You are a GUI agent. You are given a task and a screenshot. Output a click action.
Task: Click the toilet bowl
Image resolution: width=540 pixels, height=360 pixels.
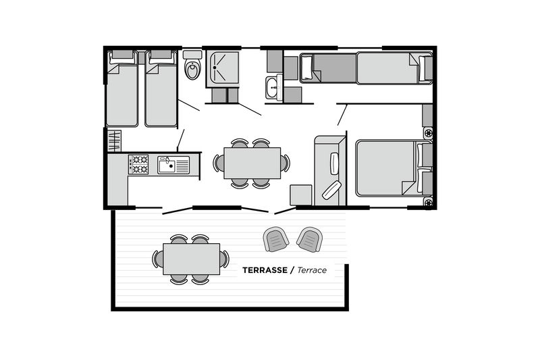pyautogui.click(x=192, y=70)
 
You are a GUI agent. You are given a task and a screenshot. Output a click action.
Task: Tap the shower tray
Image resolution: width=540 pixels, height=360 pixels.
pyautogui.click(x=223, y=68)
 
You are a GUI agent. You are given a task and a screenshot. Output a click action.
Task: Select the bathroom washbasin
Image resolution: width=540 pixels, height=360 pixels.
pyautogui.click(x=273, y=88)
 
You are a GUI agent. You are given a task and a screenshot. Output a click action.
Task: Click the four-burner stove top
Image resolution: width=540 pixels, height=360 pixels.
pyautogui.click(x=138, y=164)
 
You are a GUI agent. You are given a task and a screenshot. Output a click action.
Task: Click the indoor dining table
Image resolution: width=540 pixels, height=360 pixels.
pyautogui.click(x=252, y=163)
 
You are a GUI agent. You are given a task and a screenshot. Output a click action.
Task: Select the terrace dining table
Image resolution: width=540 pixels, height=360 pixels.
pyautogui.click(x=192, y=259)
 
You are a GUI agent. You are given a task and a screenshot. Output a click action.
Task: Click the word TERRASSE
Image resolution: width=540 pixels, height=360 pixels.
pyautogui.click(x=265, y=270)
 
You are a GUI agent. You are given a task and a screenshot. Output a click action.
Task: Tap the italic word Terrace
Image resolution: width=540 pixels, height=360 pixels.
pyautogui.click(x=312, y=270)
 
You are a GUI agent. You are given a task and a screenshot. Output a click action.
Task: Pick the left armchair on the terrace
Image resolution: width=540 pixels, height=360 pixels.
pyautogui.click(x=276, y=239)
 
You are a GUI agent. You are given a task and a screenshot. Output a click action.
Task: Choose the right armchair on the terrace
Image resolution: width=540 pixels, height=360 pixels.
pyautogui.click(x=310, y=239)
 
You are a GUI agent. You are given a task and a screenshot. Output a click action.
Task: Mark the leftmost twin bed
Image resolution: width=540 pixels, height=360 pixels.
pyautogui.click(x=122, y=88)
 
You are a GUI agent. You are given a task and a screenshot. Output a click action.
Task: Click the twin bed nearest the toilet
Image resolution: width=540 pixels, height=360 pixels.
pyautogui.click(x=161, y=88)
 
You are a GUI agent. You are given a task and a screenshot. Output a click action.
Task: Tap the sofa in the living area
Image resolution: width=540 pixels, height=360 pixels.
pyautogui.click(x=330, y=170)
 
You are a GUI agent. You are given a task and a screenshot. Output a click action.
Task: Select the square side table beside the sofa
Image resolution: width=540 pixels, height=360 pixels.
pyautogui.click(x=300, y=195)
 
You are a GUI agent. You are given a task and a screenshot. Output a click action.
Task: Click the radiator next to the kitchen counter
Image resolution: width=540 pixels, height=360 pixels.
pyautogui.click(x=114, y=140)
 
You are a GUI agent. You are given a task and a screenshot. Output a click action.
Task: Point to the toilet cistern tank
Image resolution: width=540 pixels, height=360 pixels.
pyautogui.click(x=192, y=55)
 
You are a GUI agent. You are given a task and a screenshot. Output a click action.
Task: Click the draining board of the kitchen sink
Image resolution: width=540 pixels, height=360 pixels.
pyautogui.click(x=182, y=165)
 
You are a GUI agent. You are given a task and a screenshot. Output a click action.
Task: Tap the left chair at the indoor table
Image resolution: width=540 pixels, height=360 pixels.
pyautogui.click(x=218, y=163)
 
